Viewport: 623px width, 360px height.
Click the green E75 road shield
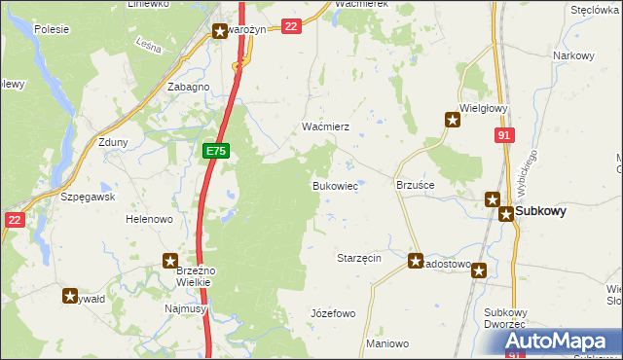[x=216, y=152]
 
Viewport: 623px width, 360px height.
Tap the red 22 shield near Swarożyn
[x=290, y=27]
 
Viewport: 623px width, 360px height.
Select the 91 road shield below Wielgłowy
[x=502, y=137]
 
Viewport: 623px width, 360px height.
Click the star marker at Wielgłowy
[x=453, y=120]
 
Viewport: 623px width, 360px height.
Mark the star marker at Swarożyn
[x=221, y=31]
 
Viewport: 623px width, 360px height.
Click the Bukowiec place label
[x=334, y=185]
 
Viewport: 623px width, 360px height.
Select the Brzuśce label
[x=415, y=185]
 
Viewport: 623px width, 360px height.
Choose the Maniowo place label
[x=387, y=344]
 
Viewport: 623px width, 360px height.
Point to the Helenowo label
[x=149, y=220]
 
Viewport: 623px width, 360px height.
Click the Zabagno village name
[x=188, y=87]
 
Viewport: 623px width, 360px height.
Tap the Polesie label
[x=51, y=29]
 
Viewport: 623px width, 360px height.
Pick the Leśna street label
[x=148, y=45]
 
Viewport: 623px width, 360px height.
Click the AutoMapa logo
[x=559, y=341]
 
